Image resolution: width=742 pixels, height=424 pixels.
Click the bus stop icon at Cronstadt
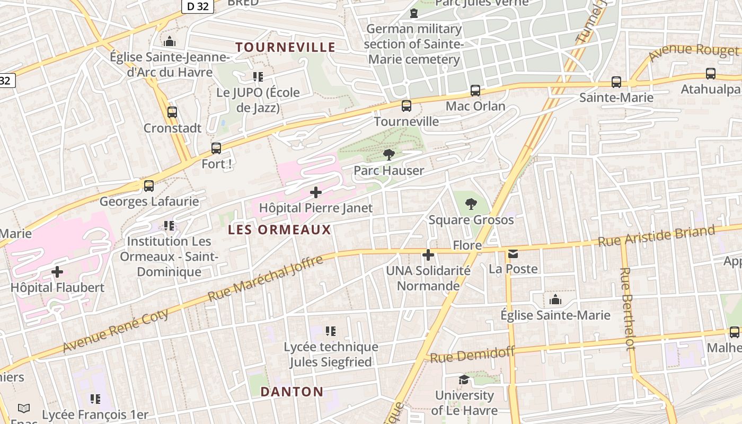(172, 112)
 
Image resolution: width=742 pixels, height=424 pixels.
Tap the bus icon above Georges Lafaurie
(149, 186)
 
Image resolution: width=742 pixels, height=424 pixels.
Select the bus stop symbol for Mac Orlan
(475, 91)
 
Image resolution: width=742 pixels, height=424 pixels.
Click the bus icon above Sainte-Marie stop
(616, 82)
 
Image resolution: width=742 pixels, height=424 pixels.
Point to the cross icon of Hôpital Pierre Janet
(316, 192)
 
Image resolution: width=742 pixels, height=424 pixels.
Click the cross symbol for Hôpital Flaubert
(57, 272)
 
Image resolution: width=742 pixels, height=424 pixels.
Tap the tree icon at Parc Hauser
(389, 155)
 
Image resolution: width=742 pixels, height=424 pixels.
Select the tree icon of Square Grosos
(471, 204)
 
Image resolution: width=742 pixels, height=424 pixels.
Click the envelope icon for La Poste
(513, 254)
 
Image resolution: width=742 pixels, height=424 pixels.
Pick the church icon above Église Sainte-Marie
(555, 300)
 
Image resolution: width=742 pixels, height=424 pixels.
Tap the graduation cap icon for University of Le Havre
(464, 380)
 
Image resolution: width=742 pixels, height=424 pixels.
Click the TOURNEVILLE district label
(286, 47)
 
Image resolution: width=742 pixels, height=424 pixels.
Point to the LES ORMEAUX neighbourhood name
(279, 229)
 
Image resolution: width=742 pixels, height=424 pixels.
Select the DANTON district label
(291, 392)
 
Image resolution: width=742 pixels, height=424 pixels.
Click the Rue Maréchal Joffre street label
(266, 278)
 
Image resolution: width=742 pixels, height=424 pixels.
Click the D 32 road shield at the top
(198, 6)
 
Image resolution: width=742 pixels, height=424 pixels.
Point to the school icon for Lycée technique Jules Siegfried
(331, 332)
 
